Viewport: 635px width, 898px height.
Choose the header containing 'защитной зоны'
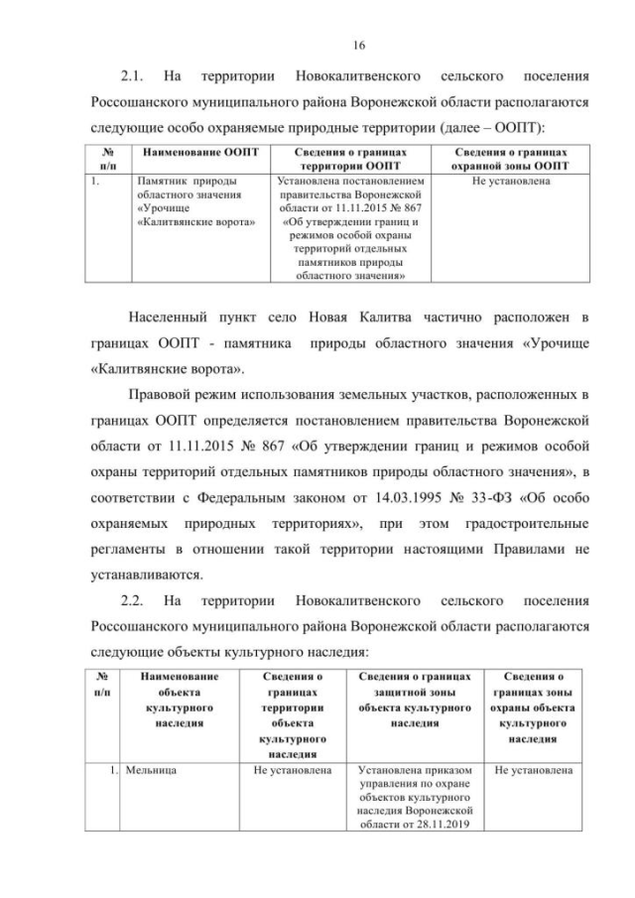coord(415,701)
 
